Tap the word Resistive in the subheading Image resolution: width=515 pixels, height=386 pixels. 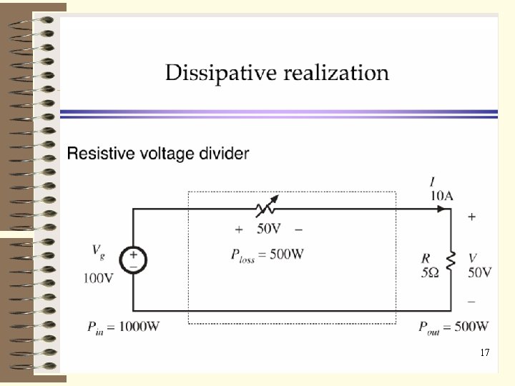click(x=99, y=153)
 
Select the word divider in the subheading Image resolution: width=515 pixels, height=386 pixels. click(x=225, y=153)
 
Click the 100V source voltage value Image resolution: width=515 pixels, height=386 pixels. click(x=98, y=279)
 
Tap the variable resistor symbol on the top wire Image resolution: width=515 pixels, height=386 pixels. click(x=266, y=209)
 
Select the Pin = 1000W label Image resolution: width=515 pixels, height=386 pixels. click(x=122, y=327)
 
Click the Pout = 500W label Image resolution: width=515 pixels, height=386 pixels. click(x=454, y=327)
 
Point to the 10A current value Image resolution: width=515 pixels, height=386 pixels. click(x=442, y=195)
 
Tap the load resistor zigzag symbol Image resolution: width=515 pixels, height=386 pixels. click(x=451, y=262)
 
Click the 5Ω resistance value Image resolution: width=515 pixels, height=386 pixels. click(x=429, y=272)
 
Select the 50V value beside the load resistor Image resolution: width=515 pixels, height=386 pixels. click(x=480, y=272)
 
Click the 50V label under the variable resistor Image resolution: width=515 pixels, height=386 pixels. click(x=268, y=229)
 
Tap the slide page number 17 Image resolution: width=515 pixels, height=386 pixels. click(x=485, y=353)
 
